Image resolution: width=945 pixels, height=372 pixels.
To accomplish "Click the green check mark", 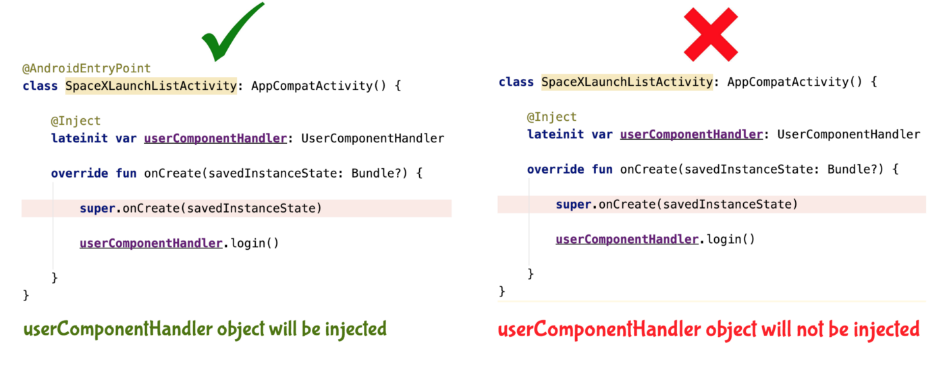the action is pyautogui.click(x=232, y=34).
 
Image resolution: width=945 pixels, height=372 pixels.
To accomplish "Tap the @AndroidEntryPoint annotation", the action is pyautogui.click(x=86, y=68).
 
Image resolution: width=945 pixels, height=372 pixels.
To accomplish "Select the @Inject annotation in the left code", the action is pyautogui.click(x=76, y=121).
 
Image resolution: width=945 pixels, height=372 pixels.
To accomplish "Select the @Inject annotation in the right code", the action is pyautogui.click(x=552, y=117).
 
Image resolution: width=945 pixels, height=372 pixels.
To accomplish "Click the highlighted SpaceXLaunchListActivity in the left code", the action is pyautogui.click(x=151, y=86).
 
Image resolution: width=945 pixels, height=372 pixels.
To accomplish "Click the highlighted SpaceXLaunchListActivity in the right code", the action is pyautogui.click(x=627, y=82).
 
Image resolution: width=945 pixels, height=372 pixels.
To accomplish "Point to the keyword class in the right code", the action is pyautogui.click(x=516, y=82).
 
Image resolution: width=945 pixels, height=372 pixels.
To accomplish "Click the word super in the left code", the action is pyautogui.click(x=97, y=208).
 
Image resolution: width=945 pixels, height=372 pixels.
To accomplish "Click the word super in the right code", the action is pyautogui.click(x=574, y=204).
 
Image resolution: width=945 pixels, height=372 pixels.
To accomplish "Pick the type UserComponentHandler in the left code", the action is pyautogui.click(x=373, y=138).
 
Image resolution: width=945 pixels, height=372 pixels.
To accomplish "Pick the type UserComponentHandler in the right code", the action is pyautogui.click(x=848, y=134).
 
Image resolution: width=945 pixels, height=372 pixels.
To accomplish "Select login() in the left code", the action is pyautogui.click(x=254, y=243).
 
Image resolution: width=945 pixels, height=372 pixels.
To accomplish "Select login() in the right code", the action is pyautogui.click(x=731, y=239).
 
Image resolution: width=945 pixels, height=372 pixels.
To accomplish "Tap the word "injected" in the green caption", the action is pyautogui.click(x=355, y=329).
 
